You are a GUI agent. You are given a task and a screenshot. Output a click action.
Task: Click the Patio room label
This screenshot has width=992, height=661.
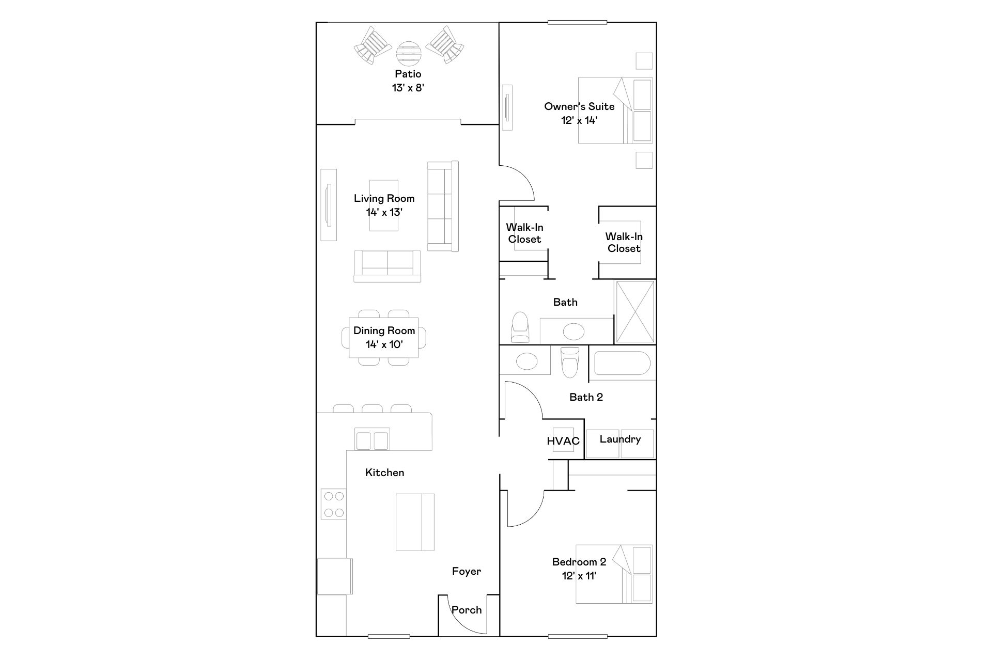point(408,74)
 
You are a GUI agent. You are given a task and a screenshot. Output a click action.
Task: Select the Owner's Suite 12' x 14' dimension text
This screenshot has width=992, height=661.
point(579,120)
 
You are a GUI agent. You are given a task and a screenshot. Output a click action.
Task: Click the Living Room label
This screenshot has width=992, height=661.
point(384,198)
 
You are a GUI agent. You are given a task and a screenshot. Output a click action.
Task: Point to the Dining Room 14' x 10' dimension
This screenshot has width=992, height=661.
point(384,344)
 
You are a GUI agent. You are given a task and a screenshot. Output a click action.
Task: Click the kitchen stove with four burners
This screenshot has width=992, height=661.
point(333,505)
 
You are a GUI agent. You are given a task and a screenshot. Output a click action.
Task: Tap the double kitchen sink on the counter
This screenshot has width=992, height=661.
point(372,440)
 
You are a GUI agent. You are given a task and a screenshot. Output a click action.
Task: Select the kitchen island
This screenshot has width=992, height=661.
point(415,522)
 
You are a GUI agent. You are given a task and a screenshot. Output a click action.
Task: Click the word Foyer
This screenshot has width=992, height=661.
point(467,571)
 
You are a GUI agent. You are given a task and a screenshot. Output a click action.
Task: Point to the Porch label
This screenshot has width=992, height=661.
point(467,610)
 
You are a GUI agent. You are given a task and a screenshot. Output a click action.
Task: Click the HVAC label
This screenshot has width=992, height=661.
point(563,441)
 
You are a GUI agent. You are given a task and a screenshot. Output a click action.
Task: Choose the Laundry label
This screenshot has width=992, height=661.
point(620,439)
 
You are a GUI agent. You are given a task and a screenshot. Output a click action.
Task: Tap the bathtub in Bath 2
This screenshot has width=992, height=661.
point(622,364)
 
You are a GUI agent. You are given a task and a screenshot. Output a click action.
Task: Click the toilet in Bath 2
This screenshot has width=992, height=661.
point(570,361)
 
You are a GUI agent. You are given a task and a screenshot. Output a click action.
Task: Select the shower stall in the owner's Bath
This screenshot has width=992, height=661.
point(635,312)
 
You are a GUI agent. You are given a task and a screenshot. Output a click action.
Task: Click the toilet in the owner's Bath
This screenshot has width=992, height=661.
point(520,327)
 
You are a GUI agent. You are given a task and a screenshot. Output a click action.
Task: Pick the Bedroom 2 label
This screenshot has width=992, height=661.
point(579,562)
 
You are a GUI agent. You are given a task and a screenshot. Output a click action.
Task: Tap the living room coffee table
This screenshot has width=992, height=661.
point(384,205)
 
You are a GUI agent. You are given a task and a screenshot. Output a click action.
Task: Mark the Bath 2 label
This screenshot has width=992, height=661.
point(586,397)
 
